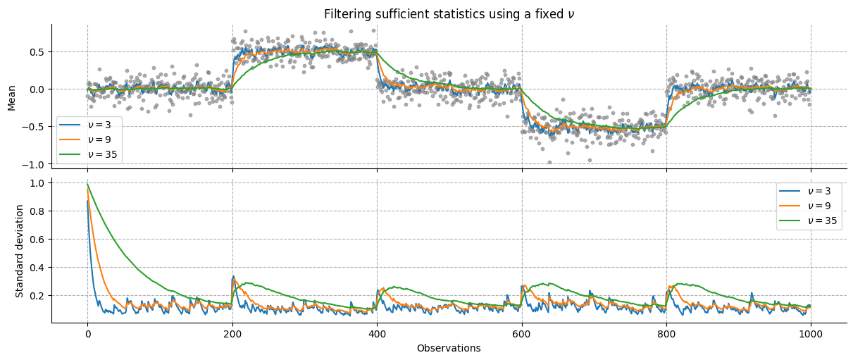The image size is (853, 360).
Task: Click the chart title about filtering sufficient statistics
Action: point(449,14)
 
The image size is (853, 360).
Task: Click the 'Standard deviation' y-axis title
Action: point(20,251)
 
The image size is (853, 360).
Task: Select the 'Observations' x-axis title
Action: point(449,348)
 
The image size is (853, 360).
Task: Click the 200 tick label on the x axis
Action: point(232,334)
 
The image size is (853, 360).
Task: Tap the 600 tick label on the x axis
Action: point(522,334)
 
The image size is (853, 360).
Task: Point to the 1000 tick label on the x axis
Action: point(811,334)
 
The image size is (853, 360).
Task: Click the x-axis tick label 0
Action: point(87,334)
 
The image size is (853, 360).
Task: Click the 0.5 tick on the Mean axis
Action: point(37,52)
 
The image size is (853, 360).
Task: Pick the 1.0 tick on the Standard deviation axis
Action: point(37,183)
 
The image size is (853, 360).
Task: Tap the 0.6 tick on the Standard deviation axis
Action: point(37,240)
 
